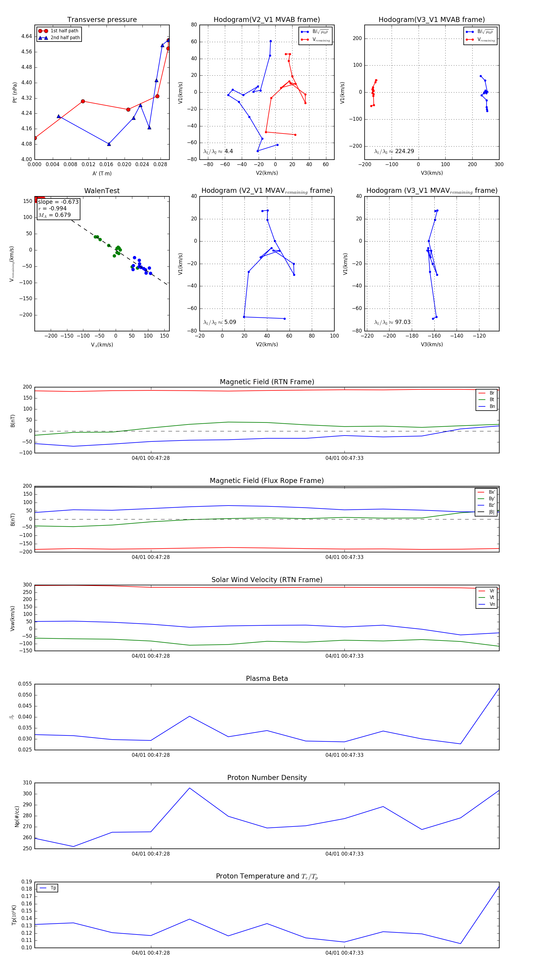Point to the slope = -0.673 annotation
click(x=58, y=202)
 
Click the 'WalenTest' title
click(x=102, y=191)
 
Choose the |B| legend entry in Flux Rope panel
click(x=492, y=512)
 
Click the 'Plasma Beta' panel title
click(x=267, y=679)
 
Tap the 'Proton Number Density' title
click(x=267, y=778)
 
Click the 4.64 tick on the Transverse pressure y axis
click(x=27, y=36)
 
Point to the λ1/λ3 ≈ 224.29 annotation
click(x=394, y=151)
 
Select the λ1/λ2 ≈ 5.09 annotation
click(x=220, y=322)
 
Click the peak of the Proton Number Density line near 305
click(x=190, y=788)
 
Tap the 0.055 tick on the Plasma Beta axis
click(x=25, y=684)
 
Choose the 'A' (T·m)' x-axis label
click(x=102, y=174)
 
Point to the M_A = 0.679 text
click(x=54, y=215)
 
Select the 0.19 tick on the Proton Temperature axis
click(x=27, y=882)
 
